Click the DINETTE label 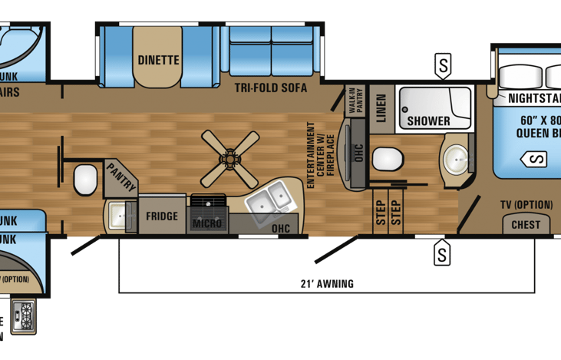pos(159,59)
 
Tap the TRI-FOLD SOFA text pos(271,88)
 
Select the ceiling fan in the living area pos(230,158)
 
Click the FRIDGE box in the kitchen pos(162,216)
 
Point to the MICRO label pos(207,223)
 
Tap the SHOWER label pos(428,121)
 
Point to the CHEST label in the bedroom pos(526,225)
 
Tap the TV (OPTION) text pos(526,204)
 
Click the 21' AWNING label pos(327,284)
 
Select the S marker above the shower pos(443,66)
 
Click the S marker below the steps pos(442,252)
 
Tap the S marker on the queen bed pos(535,160)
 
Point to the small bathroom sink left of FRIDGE pos(118,216)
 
